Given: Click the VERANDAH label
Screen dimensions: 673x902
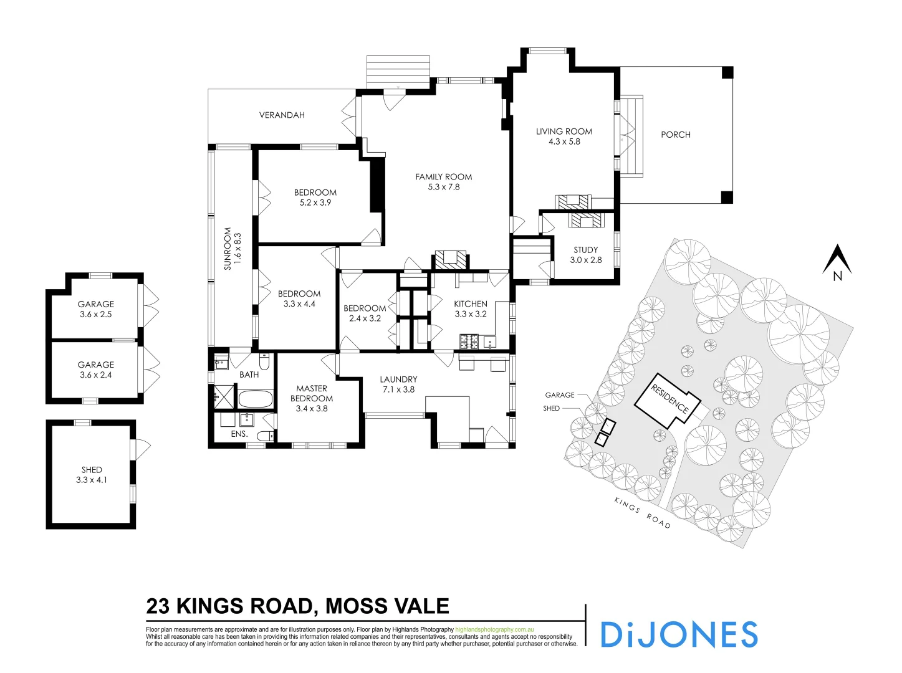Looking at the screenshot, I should coord(282,115).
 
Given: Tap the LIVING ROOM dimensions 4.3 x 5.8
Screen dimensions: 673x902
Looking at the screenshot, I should coord(564,142).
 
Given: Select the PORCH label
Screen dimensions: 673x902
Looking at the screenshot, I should coord(676,135).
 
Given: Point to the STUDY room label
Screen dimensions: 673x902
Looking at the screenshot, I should coord(586,250).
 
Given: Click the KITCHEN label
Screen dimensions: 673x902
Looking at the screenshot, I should coord(471,304).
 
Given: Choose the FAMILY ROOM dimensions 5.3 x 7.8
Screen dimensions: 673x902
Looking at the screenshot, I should coord(444,187).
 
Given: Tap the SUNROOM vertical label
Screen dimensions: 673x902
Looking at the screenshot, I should coord(228,248).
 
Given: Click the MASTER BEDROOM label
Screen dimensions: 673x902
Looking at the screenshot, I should coord(312,393).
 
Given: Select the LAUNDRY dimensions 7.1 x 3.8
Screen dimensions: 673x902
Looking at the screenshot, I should coord(398,389).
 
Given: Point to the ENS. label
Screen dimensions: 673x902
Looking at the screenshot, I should coord(239,434).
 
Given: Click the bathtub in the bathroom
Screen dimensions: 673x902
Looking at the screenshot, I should coord(256,399).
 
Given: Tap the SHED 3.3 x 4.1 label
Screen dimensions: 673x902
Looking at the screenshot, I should coord(92,475).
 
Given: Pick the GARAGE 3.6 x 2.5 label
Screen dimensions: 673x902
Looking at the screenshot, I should coord(96,309).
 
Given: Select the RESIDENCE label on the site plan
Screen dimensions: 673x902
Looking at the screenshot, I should coord(669,399).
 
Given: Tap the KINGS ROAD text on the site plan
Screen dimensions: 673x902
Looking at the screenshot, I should coord(642,513).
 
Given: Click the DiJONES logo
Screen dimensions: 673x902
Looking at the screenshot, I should coord(678,634).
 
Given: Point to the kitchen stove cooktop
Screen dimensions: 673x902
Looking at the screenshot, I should coord(469,341).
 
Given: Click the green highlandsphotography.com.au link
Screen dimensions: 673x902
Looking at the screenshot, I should coord(494,630).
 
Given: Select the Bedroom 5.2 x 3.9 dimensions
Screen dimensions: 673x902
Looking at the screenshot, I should coord(315,203).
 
